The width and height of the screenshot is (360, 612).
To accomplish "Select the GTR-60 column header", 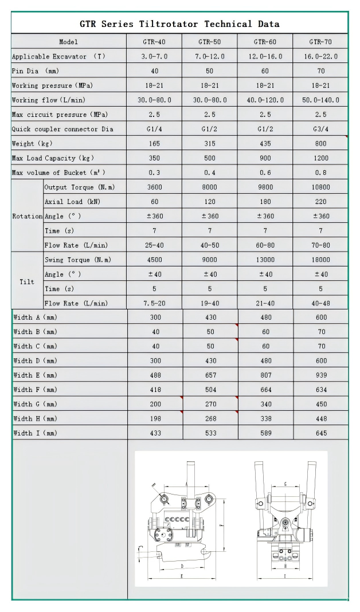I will click(x=265, y=42).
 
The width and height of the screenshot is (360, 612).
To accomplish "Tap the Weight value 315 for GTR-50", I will click(x=210, y=143).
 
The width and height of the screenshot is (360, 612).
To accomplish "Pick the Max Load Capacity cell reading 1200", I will click(x=321, y=158).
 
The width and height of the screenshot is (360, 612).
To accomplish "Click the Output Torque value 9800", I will click(x=265, y=187).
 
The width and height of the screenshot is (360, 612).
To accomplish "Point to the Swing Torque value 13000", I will click(x=265, y=260).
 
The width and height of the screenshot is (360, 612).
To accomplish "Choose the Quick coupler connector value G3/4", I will click(x=321, y=129).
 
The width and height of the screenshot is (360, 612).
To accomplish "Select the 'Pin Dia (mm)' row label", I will click(x=36, y=71).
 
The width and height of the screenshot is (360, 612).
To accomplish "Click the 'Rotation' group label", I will click(x=28, y=217).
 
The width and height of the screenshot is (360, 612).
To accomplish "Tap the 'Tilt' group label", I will click(x=27, y=282).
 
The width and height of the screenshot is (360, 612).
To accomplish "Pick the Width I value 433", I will click(x=155, y=433).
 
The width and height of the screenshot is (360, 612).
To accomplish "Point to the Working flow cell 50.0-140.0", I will click(x=321, y=100).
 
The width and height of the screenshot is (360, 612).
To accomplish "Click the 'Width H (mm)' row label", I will click(x=36, y=419).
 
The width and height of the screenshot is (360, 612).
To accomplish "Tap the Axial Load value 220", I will click(x=321, y=202).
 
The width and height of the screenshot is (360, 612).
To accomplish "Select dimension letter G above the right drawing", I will click(x=285, y=484).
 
